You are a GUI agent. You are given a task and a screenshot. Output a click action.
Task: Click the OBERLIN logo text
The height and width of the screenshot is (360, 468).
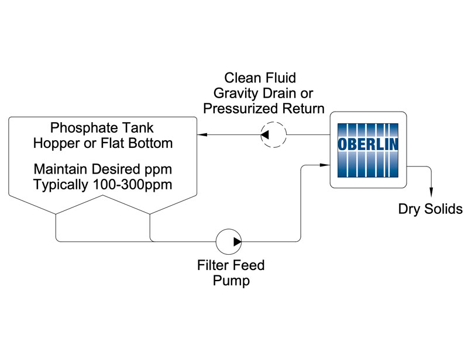pyautogui.click(x=368, y=143)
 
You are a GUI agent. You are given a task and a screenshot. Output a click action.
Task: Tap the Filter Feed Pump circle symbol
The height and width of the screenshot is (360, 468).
pyautogui.click(x=229, y=241)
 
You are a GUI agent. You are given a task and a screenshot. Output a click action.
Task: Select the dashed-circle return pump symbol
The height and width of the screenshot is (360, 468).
pyautogui.click(x=273, y=136)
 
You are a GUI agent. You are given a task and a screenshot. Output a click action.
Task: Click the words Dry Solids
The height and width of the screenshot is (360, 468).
pyautogui.click(x=431, y=209)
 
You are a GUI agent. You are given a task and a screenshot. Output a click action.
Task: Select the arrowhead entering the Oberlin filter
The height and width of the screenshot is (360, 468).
pyautogui.click(x=325, y=165)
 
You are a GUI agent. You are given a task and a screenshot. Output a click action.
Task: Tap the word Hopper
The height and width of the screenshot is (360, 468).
pyautogui.click(x=57, y=143)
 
